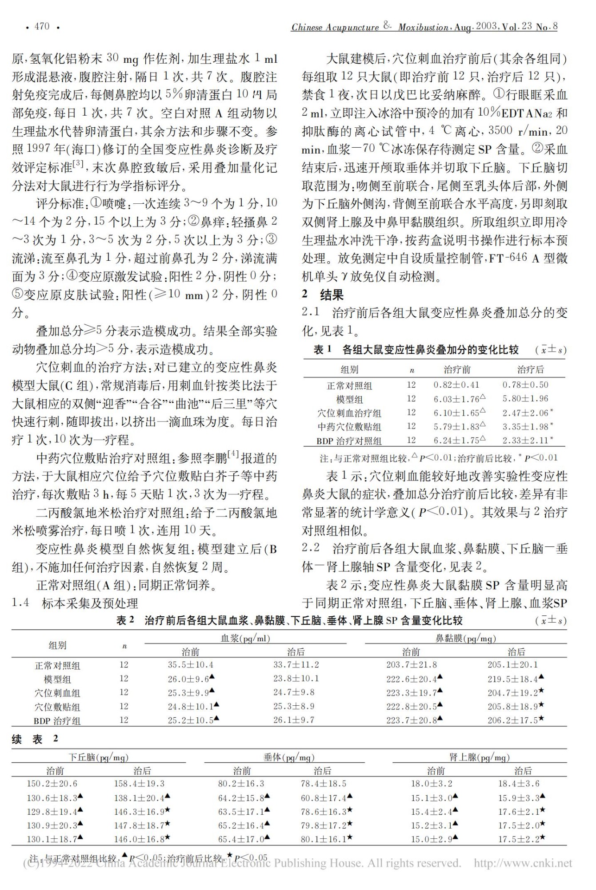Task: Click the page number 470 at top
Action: tap(42, 27)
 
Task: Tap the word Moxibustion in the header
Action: tap(423, 28)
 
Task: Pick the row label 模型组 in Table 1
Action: tap(349, 399)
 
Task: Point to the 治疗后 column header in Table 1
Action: tap(530, 369)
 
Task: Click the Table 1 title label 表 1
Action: tap(323, 350)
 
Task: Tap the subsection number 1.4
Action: tap(20, 603)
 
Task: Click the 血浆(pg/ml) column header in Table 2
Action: tap(245, 638)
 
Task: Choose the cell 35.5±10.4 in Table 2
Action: tap(190, 665)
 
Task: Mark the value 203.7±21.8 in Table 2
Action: tap(411, 665)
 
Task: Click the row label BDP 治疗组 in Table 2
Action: tap(57, 720)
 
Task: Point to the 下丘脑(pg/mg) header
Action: tap(98, 757)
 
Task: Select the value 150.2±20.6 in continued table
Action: tap(52, 784)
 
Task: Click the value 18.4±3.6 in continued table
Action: tap(518, 784)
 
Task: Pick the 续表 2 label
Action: tap(35, 739)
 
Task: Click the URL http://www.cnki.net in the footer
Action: tap(523, 864)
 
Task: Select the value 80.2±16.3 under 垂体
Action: tap(241, 784)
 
